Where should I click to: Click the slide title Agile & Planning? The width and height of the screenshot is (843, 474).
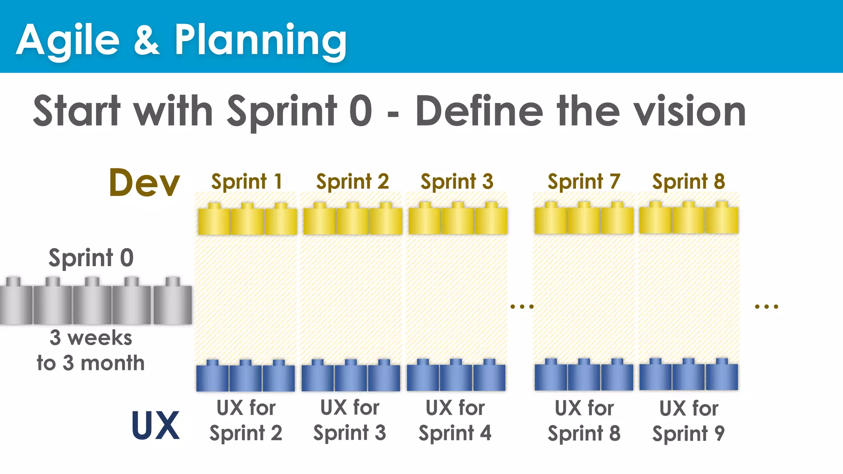point(181,40)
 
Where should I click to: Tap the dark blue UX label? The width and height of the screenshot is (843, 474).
point(155,425)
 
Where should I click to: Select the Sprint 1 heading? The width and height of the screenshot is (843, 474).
point(247,181)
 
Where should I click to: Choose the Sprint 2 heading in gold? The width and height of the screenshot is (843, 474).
point(352,181)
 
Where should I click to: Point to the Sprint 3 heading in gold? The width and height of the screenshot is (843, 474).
point(457,181)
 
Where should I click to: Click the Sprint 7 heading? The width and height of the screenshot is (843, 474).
point(584,181)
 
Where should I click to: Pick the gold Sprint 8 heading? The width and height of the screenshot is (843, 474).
point(689,181)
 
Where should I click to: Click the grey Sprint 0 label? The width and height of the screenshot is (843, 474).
point(91,258)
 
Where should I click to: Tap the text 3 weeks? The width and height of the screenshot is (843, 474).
point(91,338)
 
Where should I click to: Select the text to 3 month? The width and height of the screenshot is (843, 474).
point(91,363)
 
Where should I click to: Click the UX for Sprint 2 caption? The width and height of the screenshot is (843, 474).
point(246,420)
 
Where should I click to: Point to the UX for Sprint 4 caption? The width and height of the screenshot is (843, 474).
point(455,420)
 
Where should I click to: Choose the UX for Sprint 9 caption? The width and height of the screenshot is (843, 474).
point(689,421)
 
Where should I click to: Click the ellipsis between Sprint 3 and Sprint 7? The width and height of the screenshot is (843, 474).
point(522,307)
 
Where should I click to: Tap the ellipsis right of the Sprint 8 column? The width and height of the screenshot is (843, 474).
point(766,307)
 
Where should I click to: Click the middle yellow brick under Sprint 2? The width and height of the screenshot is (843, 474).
point(352,219)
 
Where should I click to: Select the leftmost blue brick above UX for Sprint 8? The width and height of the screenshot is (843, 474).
point(551,375)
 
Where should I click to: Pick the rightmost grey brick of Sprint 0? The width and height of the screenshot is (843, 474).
point(172,302)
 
